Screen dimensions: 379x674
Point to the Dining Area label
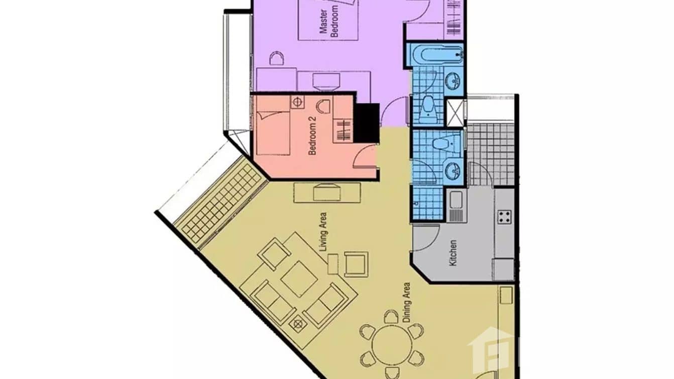(406, 302)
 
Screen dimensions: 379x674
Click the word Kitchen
(453, 253)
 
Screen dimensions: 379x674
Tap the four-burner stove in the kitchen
(504, 217)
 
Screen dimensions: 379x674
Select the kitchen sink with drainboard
(456, 206)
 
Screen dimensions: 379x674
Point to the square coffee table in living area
(299, 278)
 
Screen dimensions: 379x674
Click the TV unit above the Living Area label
(327, 192)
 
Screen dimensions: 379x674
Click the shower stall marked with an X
(456, 113)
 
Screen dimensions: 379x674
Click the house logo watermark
(490, 349)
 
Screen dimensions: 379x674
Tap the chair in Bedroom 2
(323, 107)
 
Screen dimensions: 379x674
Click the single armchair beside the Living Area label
(356, 264)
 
